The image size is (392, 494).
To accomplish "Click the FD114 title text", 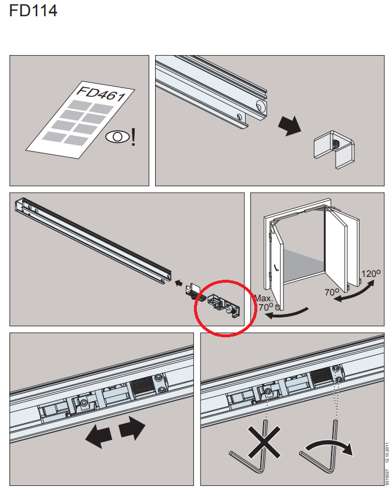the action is pyautogui.click(x=33, y=10).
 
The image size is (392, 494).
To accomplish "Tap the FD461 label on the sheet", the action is pyautogui.click(x=102, y=93).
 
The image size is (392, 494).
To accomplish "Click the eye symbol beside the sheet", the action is pyautogui.click(x=117, y=137).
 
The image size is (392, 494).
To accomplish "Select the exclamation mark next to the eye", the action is pyautogui.click(x=134, y=136).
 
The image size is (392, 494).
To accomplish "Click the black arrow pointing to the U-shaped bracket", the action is pyautogui.click(x=290, y=125).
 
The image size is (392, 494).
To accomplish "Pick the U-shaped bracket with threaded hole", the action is pyautogui.click(x=334, y=149).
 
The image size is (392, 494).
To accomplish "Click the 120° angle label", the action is pyautogui.click(x=371, y=273).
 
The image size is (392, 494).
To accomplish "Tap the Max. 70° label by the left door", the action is pyautogui.click(x=264, y=302).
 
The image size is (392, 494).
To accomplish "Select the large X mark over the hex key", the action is pyautogui.click(x=264, y=442).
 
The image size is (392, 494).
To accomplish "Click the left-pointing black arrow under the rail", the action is pyautogui.click(x=98, y=436).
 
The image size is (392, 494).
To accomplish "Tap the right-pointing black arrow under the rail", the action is pyautogui.click(x=132, y=428).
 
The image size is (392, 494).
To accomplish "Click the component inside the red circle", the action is pyautogui.click(x=224, y=305).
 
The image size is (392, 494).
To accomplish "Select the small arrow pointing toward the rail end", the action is pyautogui.click(x=179, y=283).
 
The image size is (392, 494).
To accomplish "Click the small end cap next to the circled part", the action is pyautogui.click(x=193, y=291).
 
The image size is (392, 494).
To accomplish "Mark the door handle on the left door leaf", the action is pyautogui.click(x=276, y=268).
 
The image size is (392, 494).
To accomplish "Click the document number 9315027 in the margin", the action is pyautogui.click(x=387, y=478).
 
